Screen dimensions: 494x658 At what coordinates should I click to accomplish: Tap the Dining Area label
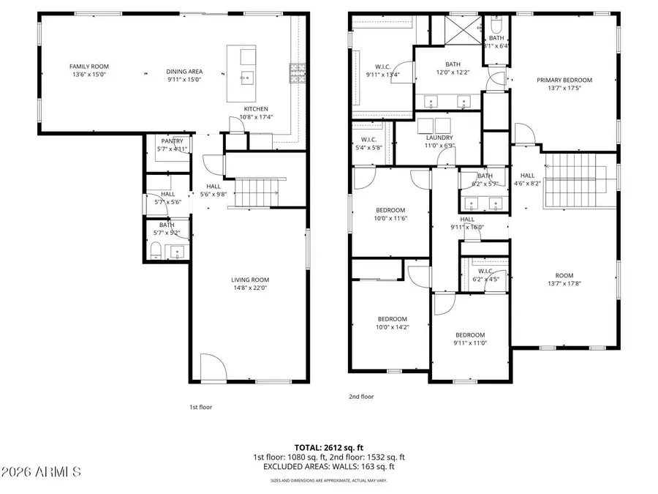(x=184, y=72)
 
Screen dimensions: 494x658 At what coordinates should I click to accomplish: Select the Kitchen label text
(x=256, y=109)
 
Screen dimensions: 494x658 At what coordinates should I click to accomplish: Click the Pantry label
(x=172, y=143)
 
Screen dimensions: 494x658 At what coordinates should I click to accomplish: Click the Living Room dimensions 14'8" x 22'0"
(x=251, y=288)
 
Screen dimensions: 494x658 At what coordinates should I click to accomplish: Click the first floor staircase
(x=256, y=192)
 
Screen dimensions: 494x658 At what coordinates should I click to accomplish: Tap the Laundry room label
(x=439, y=137)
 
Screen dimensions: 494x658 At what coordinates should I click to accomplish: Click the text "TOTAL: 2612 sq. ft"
(x=328, y=446)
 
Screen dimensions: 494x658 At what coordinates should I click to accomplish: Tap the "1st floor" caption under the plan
(x=200, y=407)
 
